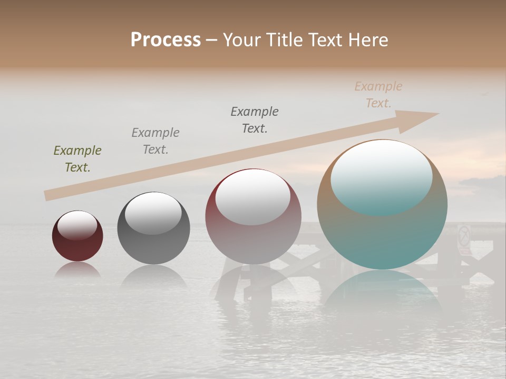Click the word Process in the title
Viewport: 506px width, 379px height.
tap(166, 40)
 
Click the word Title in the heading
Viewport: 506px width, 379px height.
tap(285, 40)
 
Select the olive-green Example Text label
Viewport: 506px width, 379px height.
tap(77, 159)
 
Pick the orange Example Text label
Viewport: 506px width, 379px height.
tap(378, 95)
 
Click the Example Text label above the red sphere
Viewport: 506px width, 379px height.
tap(255, 120)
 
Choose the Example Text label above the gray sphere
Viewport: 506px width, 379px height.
tap(155, 141)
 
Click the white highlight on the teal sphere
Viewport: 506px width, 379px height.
tap(381, 176)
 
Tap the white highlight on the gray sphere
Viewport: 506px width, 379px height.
tap(153, 212)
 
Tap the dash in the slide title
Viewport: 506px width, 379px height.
tap(212, 40)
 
